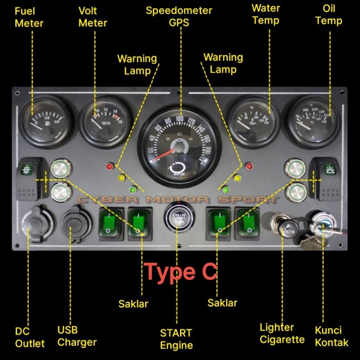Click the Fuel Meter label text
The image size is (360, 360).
29,17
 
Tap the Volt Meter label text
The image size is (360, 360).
93,17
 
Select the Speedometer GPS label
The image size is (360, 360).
179,17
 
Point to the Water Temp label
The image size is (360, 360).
265,14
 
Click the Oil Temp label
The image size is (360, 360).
328,14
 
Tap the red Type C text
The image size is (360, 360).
181,271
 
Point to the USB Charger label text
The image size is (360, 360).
77,336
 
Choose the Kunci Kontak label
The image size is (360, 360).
331,336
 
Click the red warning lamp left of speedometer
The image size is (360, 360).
109,166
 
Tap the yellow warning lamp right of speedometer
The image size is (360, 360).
238,178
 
